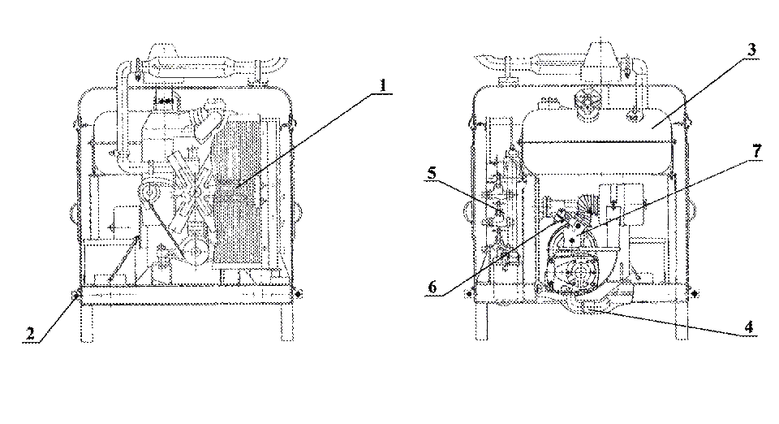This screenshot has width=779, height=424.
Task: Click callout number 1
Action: coord(382,85)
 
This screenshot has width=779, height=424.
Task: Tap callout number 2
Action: coord(30,334)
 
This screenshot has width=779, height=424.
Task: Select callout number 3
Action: coord(751,50)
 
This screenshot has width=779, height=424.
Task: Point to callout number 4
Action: coord(749,327)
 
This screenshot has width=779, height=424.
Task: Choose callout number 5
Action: coord(431,174)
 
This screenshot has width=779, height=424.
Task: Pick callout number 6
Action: coord(433,288)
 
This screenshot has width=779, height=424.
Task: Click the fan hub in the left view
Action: coord(196,191)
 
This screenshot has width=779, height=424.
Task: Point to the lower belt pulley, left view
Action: coord(196,249)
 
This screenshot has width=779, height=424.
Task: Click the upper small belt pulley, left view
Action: coord(149,190)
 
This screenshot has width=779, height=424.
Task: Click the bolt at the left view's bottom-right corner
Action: coord(298,294)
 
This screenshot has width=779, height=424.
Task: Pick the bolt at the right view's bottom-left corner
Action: coord(469,294)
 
